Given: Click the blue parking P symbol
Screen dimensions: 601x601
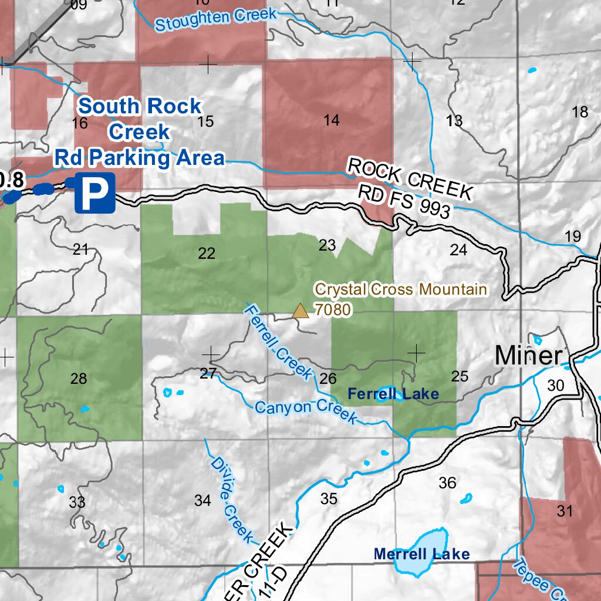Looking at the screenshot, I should pos(94,192).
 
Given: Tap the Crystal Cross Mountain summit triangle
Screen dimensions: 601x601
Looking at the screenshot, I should pos(300,310).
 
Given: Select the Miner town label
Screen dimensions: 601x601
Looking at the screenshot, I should pos(528,356).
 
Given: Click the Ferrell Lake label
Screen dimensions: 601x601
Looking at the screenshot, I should pos(393,394).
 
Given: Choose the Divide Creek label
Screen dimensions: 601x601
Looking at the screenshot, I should pos(231,500).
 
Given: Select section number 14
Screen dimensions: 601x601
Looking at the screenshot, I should pos(331,120).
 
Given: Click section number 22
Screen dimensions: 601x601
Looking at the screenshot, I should pos(207,254).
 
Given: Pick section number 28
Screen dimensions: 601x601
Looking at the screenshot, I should pos(79,379).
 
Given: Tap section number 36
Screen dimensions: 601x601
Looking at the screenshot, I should pos(447,483).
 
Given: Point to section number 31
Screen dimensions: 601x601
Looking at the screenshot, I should pos(565,511).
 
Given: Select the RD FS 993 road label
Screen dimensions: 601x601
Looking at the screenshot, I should pos(404,201).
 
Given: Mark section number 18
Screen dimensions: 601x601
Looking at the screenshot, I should pos(580,112).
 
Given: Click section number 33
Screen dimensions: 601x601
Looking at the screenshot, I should pos(77,502).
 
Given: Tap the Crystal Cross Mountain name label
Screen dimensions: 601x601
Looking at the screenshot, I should pos(401,289).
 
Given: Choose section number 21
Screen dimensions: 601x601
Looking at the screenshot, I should pos(80,249).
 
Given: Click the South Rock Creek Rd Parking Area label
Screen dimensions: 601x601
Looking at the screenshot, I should pos(140,132).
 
